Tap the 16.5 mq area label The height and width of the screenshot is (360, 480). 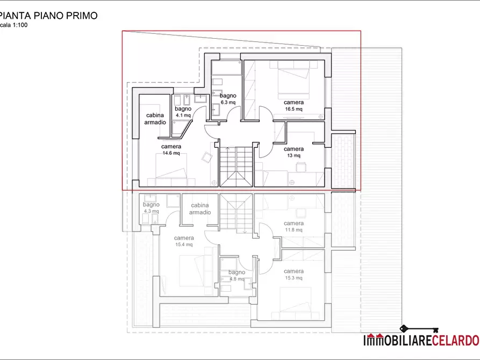coord(293,109)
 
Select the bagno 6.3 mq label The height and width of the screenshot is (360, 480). coord(228,98)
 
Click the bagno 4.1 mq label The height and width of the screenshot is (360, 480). coord(183,111)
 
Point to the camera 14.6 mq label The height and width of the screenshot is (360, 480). coord(171,149)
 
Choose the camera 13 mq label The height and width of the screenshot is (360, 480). coord(293,152)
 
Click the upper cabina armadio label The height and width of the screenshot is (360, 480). coord(155,119)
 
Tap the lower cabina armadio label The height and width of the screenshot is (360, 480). coord(200,209)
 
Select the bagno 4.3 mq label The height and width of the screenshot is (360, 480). coord(151,208)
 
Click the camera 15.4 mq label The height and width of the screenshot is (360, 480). coord(184,241)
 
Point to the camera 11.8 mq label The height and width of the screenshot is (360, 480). coord(293,226)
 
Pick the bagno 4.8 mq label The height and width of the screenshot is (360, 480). coord(237,276)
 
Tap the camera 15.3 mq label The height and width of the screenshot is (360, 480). coord(293,275)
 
